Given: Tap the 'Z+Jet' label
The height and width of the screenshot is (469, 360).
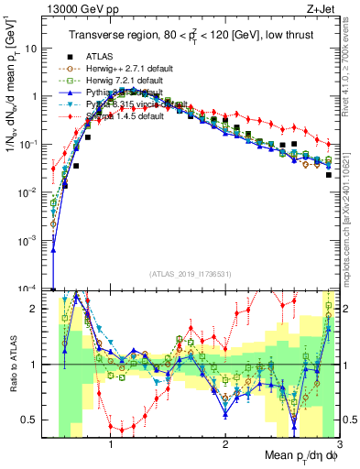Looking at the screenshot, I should click(x=319, y=8).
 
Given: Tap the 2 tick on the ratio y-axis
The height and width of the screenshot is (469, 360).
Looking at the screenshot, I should click(x=40, y=309).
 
